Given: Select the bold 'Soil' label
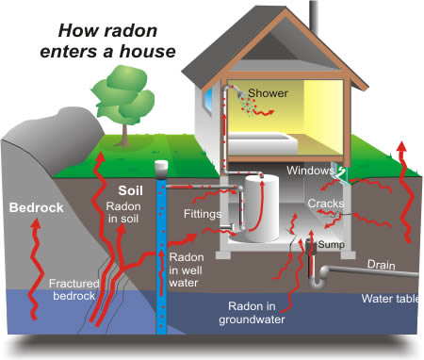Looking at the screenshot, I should point(130,188).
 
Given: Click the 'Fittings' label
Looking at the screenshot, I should point(203,214).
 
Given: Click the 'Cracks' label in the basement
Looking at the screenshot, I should point(325,203).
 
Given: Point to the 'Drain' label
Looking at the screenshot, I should point(380,266).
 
